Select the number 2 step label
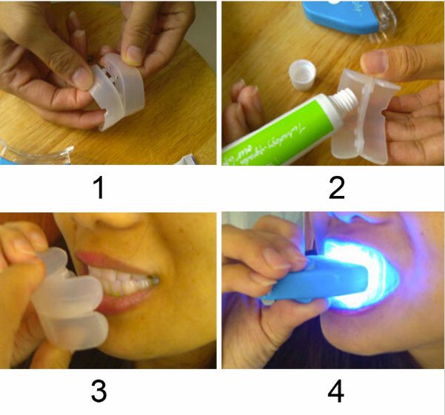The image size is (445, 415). tap(336, 188)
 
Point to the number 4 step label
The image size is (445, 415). tap(336, 391)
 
